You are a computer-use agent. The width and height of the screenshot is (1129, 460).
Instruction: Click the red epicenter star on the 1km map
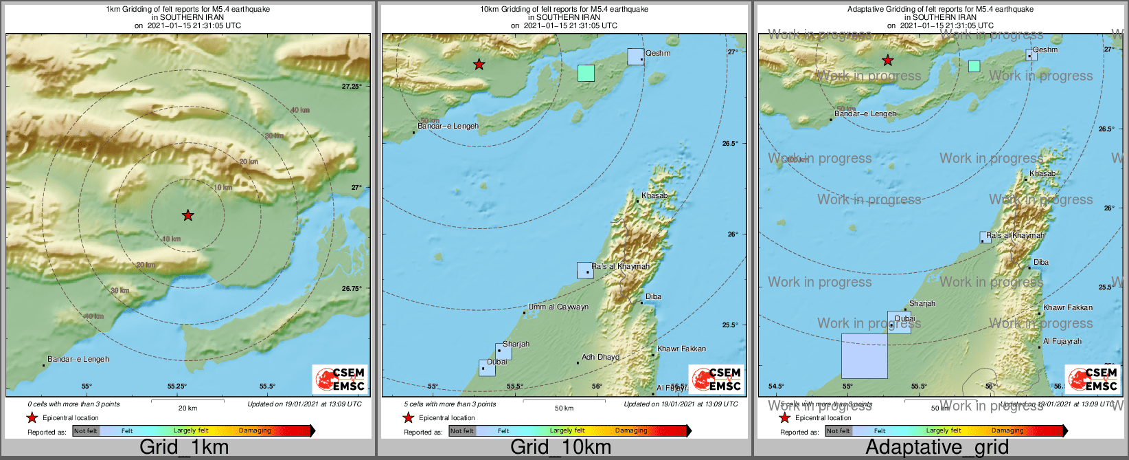click(x=187, y=215)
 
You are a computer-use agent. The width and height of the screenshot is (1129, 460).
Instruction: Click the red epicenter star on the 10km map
click(x=479, y=65)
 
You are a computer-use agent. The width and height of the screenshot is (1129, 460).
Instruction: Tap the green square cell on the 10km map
click(x=585, y=73)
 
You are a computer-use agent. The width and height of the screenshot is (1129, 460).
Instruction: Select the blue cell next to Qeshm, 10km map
click(x=635, y=56)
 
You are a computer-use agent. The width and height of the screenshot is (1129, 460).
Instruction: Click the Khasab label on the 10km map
click(x=654, y=196)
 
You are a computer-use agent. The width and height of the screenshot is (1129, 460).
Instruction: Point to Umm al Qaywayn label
click(x=558, y=307)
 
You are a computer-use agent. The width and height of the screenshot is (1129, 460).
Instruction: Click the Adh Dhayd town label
click(x=600, y=358)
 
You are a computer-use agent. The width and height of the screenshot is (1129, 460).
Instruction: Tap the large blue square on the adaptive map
click(x=864, y=355)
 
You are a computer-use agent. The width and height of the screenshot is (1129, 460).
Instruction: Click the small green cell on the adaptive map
click(x=974, y=66)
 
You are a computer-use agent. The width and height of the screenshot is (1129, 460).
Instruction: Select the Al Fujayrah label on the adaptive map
click(x=1062, y=342)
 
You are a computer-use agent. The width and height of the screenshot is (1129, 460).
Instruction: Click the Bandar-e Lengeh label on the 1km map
click(x=78, y=359)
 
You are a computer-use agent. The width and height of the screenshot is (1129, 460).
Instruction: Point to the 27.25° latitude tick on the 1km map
click(x=352, y=86)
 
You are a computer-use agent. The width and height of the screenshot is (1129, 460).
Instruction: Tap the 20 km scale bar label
click(x=187, y=408)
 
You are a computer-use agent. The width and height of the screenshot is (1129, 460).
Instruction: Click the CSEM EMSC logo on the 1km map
click(x=341, y=379)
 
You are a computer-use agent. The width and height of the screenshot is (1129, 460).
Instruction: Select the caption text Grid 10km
click(x=560, y=447)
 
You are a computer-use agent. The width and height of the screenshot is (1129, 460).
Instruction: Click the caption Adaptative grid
click(x=937, y=447)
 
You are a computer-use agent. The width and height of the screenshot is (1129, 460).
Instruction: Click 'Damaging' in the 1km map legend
click(x=255, y=431)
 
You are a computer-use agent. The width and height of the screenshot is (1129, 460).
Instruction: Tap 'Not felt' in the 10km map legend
click(x=462, y=431)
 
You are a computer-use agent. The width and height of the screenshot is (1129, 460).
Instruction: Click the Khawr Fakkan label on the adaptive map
click(x=1067, y=308)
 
